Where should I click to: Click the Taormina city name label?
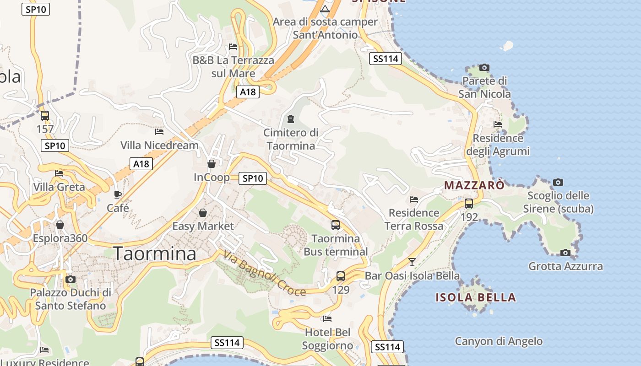(x=155, y=253)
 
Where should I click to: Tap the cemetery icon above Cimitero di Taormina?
(x=290, y=119)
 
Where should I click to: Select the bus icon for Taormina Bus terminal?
(x=336, y=225)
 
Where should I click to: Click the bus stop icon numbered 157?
(x=45, y=116)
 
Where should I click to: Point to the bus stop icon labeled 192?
(x=469, y=204)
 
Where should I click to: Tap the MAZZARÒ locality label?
(x=474, y=185)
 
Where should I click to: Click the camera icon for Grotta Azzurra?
(x=565, y=253)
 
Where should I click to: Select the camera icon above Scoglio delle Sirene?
(x=558, y=182)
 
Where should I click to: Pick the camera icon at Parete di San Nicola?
(x=484, y=68)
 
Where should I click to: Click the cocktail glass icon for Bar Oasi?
(x=412, y=262)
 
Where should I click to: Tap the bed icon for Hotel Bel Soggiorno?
(x=327, y=318)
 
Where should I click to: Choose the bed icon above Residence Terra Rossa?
(x=414, y=199)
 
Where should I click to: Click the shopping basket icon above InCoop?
(x=212, y=164)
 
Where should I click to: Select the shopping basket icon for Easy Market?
(x=203, y=213)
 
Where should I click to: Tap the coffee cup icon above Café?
(x=118, y=194)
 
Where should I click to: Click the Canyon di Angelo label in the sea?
(x=499, y=341)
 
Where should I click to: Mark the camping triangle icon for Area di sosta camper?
(x=325, y=9)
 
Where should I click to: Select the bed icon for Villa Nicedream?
(x=159, y=132)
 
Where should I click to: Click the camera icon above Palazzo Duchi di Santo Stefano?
(x=71, y=279)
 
